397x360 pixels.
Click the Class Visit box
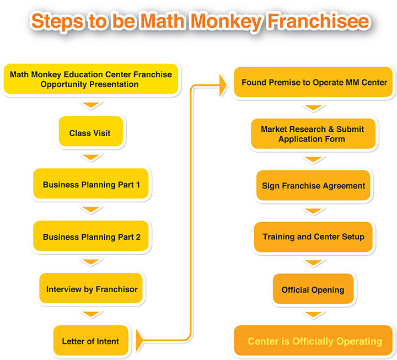pyautogui.click(x=91, y=131)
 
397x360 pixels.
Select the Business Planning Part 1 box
pyautogui.click(x=91, y=184)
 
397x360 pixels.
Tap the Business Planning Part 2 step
pyautogui.click(x=91, y=236)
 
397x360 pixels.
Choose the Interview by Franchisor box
pyautogui.click(x=91, y=288)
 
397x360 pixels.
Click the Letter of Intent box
pyautogui.click(x=91, y=340)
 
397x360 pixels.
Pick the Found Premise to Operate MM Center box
pyautogui.click(x=313, y=82)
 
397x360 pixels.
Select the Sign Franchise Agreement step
pyautogui.click(x=313, y=185)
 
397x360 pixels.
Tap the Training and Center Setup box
pyautogui.click(x=313, y=237)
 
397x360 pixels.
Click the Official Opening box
pyautogui.click(x=313, y=289)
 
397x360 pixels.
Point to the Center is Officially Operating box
pyautogui.click(x=313, y=340)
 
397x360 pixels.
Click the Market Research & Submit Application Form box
pyautogui.click(x=313, y=133)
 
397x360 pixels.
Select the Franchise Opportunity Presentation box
pyautogui.click(x=91, y=79)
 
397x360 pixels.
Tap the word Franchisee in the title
pyautogui.click(x=319, y=21)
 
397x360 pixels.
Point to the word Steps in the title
pyautogui.click(x=57, y=22)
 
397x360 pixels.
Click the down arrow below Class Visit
pyautogui.click(x=91, y=157)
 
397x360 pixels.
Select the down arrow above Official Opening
pyautogui.click(x=313, y=262)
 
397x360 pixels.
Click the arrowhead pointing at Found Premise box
pyautogui.click(x=223, y=85)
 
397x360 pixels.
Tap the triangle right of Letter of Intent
pyautogui.click(x=140, y=341)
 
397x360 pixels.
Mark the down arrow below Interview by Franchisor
pyautogui.click(x=91, y=314)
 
